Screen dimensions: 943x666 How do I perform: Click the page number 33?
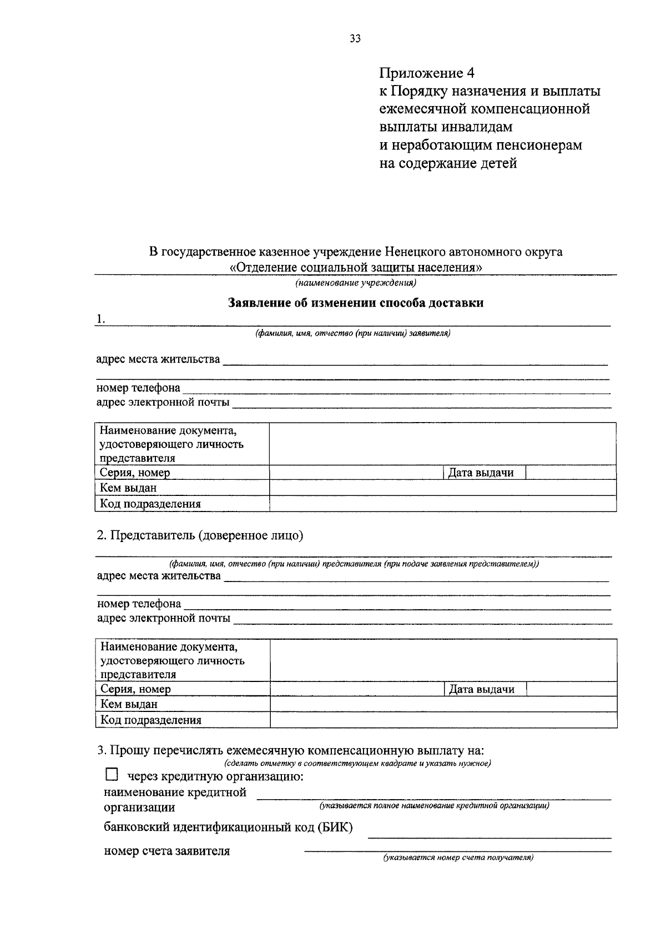355,38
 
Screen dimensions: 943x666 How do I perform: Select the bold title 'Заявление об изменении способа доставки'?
356,303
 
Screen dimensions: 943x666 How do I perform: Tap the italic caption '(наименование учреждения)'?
356,283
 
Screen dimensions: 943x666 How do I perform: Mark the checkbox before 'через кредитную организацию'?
112,774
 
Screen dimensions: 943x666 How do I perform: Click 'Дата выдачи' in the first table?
481,473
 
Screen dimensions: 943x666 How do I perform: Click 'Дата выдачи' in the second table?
481,689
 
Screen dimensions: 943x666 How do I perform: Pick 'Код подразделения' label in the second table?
150,720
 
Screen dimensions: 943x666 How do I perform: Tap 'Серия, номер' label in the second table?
135,689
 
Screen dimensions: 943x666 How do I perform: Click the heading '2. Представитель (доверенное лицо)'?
200,535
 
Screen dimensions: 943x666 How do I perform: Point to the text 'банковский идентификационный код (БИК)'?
228,827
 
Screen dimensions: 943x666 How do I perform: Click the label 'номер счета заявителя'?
167,851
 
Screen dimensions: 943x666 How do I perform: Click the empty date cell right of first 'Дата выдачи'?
570,473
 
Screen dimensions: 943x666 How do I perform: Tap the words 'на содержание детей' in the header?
448,163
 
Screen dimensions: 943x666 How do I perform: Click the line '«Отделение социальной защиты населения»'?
356,267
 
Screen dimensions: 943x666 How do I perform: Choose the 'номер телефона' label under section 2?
139,604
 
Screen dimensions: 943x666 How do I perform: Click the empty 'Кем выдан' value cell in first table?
442,488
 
